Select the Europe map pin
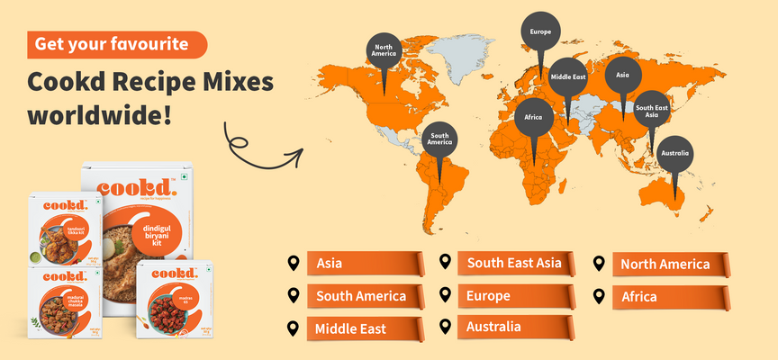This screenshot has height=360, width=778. (541, 31)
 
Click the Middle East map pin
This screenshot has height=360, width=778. (567, 77)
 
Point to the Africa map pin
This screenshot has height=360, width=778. (533, 117)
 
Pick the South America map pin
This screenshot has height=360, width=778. (439, 139)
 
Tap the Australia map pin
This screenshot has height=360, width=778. (674, 153)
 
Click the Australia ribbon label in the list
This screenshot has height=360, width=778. (504, 326)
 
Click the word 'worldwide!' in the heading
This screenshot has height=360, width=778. (99, 116)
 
